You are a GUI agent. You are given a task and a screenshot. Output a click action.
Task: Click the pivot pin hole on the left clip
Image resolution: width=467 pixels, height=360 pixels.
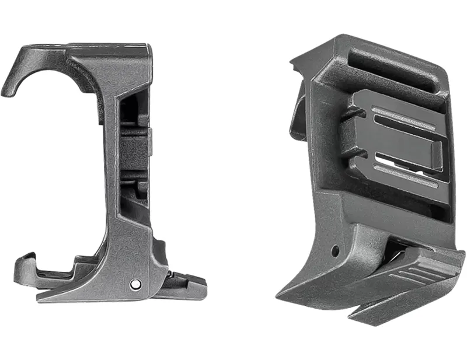pos(135,284)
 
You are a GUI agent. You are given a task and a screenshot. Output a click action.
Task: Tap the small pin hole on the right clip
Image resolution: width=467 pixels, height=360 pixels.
pos(335,251)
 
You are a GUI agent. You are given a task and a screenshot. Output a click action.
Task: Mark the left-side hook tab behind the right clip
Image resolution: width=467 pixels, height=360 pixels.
pos(298,117)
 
